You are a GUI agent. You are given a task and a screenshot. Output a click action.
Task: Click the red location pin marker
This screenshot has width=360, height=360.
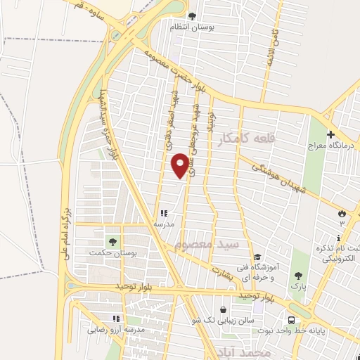181,165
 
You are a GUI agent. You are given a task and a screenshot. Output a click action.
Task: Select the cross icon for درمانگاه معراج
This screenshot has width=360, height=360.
331,134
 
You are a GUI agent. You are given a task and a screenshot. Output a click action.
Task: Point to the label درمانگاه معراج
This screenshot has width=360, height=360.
331,146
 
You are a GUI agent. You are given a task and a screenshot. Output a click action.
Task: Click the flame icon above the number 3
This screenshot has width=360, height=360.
342,212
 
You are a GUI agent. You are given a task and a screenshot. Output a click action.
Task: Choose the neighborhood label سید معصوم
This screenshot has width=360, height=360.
207,244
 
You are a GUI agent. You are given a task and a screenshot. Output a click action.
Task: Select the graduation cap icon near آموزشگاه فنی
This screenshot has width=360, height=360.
257,257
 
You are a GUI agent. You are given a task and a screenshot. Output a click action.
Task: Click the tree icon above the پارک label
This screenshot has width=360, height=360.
299,275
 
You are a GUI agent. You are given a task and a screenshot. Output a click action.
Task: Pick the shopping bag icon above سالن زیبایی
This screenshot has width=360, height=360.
224,309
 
